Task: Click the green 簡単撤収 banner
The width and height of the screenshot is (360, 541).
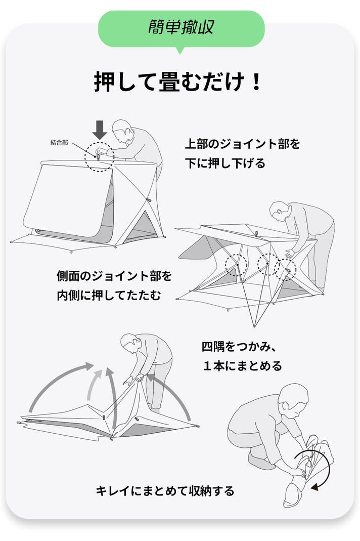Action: tap(182, 29)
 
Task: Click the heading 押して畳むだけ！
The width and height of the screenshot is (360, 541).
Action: tap(177, 81)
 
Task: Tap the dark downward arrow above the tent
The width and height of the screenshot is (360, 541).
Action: tap(100, 130)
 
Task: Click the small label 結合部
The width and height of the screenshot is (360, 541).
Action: tap(59, 143)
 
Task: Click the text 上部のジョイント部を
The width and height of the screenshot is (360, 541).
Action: tap(242, 144)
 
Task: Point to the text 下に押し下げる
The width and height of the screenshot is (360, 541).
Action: tap(225, 162)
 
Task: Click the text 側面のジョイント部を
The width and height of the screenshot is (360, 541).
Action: tap(114, 276)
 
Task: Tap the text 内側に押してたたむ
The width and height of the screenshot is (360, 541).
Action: tap(109, 296)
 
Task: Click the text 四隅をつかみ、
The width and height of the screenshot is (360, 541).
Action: tap(239, 346)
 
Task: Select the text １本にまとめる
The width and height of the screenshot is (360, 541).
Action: tap(243, 365)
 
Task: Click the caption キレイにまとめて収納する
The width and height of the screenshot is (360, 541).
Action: tap(165, 490)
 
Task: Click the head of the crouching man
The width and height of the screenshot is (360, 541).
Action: tap(294, 397)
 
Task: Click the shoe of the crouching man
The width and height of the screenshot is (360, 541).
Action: tap(261, 460)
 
